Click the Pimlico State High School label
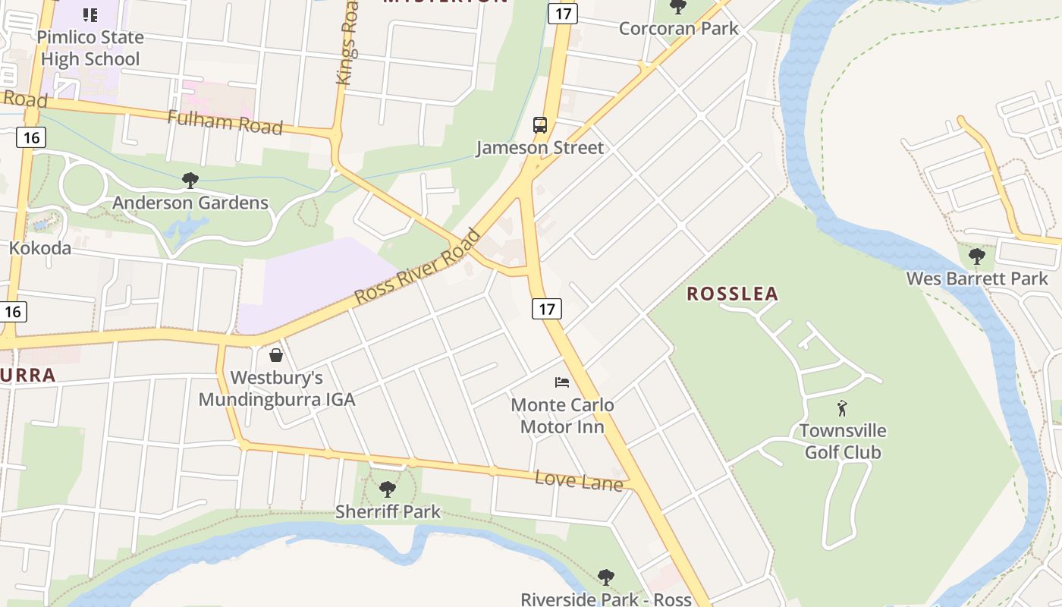(x=90, y=48)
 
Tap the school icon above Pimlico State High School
(x=90, y=14)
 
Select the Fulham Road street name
(x=225, y=121)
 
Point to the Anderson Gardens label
(x=190, y=203)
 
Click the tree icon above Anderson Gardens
(x=190, y=181)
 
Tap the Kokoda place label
(x=40, y=248)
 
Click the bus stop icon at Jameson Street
(x=540, y=125)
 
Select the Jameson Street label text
(x=540, y=147)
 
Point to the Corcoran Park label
(x=678, y=29)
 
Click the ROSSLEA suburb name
(x=733, y=294)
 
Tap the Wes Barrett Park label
(x=977, y=278)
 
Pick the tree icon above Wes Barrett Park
(x=977, y=256)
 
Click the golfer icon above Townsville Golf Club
(x=842, y=408)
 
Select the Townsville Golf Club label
(x=842, y=442)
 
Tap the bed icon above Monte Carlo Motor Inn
(x=562, y=382)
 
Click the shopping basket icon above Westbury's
(x=276, y=355)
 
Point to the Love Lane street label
(x=579, y=480)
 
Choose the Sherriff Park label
(x=388, y=511)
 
